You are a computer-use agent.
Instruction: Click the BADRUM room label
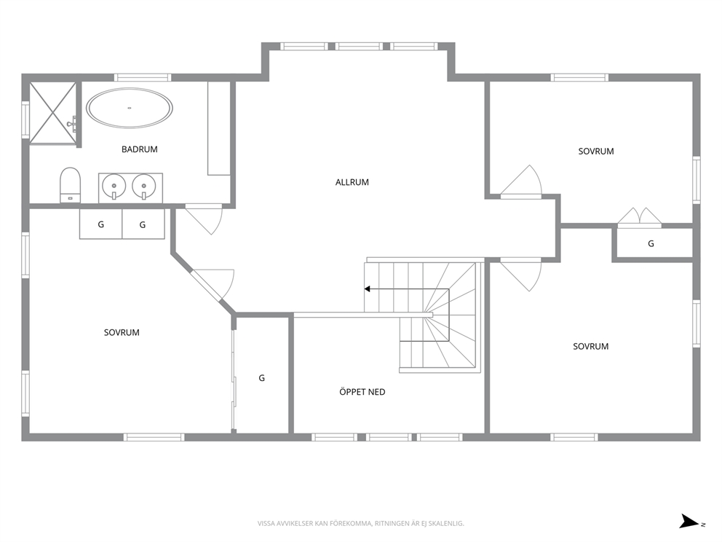point(140,149)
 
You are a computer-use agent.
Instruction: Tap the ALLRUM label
point(352,182)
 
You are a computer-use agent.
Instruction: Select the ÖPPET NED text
point(362,392)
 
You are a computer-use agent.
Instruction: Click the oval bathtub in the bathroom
point(130,109)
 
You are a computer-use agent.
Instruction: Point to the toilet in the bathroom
point(70,184)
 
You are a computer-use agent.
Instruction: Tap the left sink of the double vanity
point(114,186)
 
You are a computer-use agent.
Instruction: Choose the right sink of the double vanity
point(143,186)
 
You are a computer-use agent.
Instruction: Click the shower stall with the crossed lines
point(52,113)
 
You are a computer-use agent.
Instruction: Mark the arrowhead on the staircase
point(368,289)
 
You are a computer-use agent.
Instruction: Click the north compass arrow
point(689,522)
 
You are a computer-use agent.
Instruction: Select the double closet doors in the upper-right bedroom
point(640,217)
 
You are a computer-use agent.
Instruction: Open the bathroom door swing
point(204,220)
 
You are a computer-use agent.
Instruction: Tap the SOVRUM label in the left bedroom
point(122,332)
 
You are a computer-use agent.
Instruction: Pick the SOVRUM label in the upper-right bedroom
point(596,152)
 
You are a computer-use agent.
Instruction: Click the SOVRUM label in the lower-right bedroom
point(591,346)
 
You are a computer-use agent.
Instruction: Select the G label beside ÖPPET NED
point(261,378)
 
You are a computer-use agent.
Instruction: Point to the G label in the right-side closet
point(651,243)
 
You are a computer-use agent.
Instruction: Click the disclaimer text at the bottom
point(360,524)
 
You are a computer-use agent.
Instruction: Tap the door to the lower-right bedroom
point(521,275)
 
